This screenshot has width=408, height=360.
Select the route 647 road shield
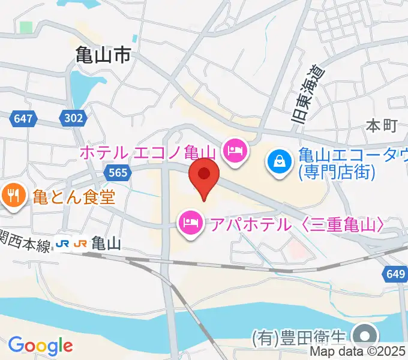point(22,118)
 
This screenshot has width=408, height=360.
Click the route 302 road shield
point(73,118)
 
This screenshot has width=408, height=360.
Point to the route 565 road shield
point(118,173)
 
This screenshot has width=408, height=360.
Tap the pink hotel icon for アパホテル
point(190,225)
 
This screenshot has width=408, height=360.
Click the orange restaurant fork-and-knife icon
point(12,195)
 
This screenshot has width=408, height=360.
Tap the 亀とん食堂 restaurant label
point(73,196)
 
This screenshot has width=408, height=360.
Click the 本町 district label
point(382,126)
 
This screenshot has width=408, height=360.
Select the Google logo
point(40,346)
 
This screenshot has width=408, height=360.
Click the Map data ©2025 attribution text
point(358,352)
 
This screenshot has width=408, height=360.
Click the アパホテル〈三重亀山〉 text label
point(296,225)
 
